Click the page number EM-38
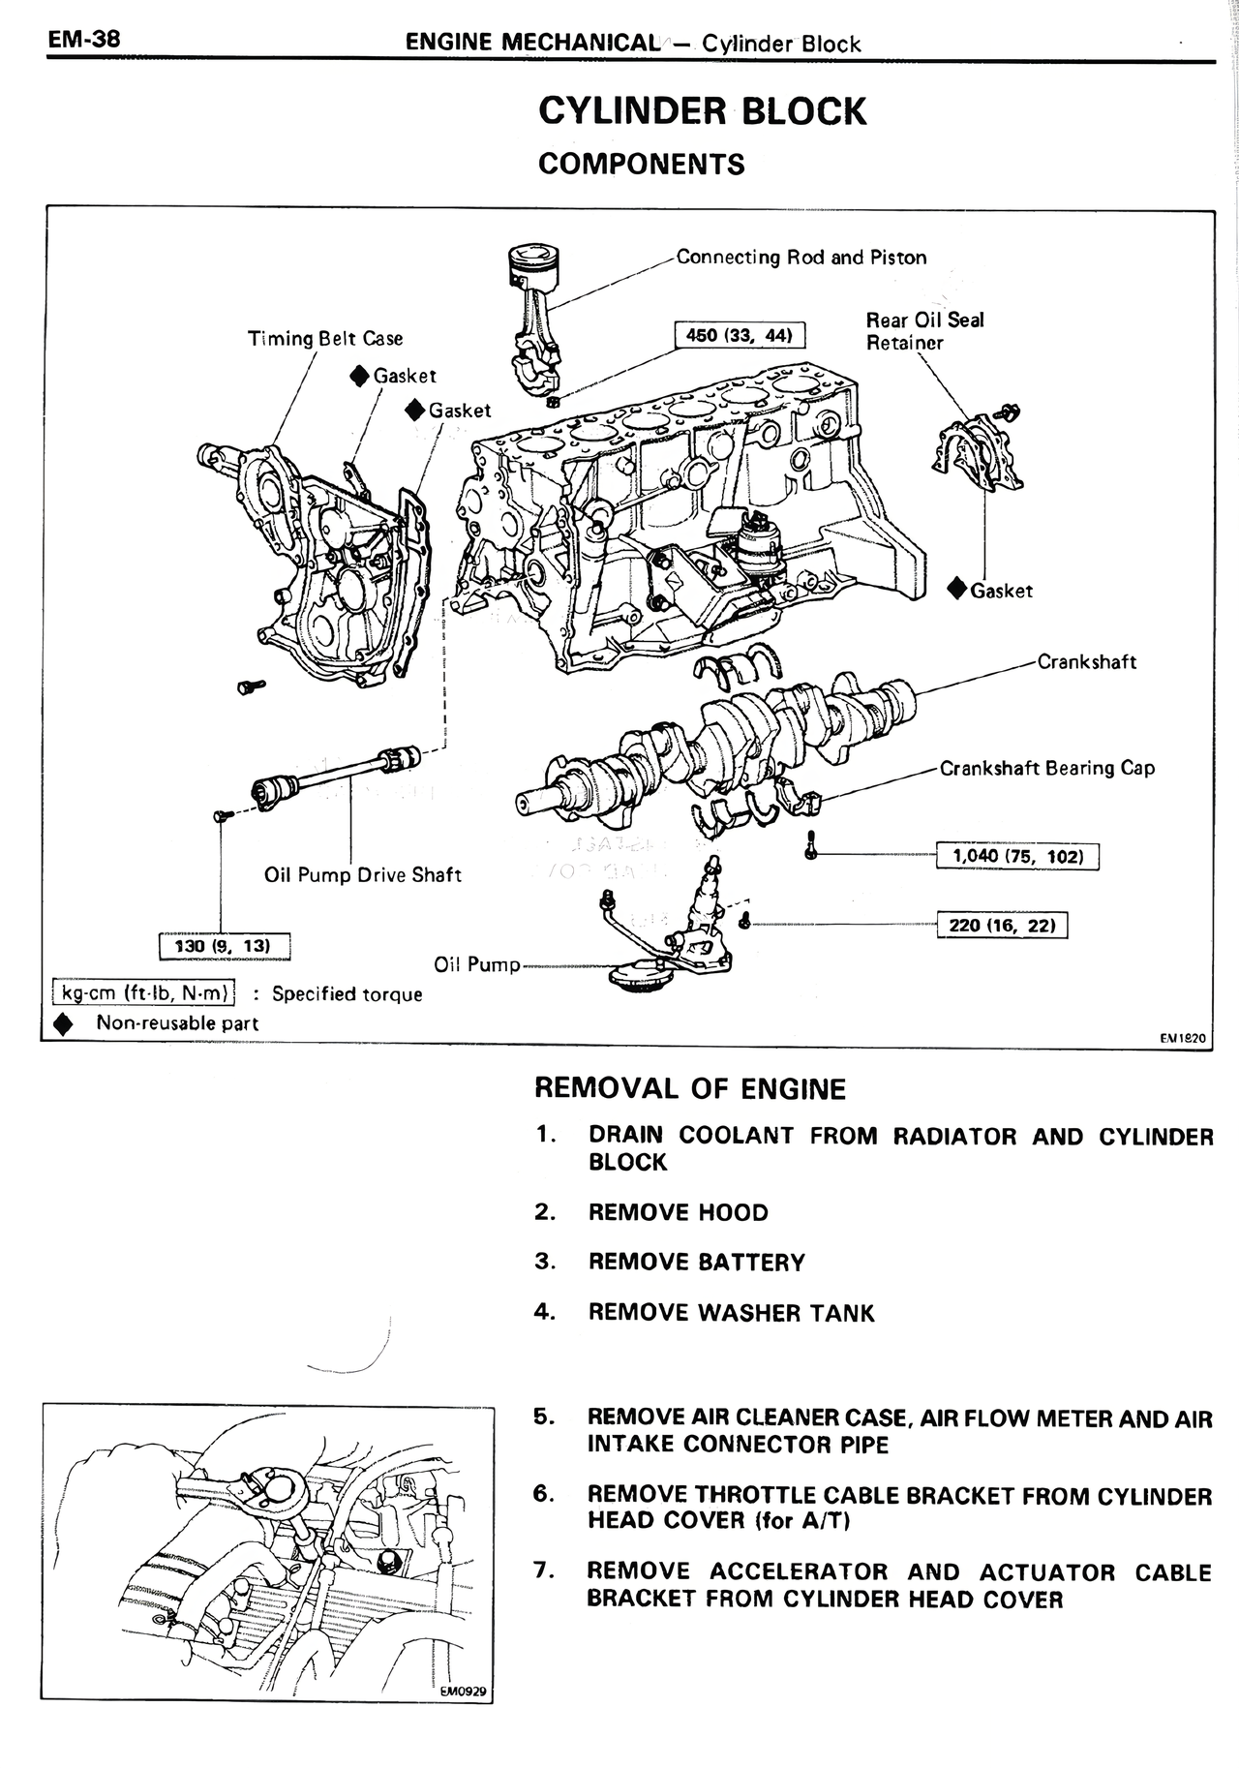80,40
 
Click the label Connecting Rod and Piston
801,258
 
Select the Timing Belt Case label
325,339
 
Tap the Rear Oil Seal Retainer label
924,331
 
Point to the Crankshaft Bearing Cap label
1047,769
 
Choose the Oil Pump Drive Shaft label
363,875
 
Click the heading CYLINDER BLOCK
702,111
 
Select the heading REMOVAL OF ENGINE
690,1089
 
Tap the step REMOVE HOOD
678,1213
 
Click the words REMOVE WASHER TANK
731,1314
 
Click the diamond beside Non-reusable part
64,1023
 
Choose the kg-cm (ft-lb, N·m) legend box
144,993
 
